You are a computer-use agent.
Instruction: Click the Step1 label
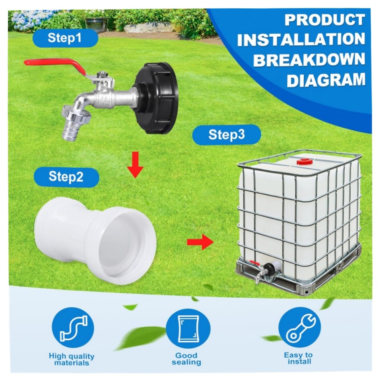point(66,39)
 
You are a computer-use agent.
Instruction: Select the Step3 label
point(226,135)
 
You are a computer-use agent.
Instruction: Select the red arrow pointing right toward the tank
point(200,242)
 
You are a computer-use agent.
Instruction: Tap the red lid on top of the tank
point(304,162)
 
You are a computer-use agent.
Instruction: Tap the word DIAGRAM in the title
point(325,81)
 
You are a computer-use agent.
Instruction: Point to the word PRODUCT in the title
point(324,20)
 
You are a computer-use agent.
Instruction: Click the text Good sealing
point(186,359)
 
